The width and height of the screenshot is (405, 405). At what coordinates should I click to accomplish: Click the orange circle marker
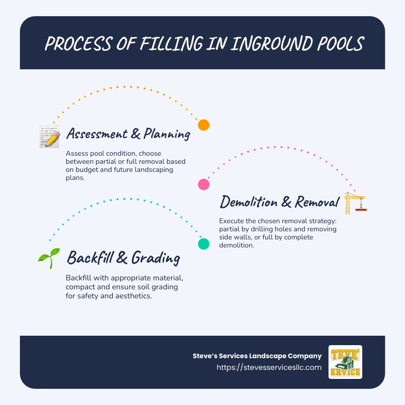click(204, 125)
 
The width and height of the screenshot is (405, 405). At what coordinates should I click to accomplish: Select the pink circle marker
click(204, 184)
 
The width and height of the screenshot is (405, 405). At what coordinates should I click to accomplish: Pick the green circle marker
click(204, 244)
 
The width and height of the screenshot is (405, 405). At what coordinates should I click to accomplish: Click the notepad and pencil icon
click(49, 136)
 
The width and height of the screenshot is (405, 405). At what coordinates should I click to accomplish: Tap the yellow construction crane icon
click(355, 202)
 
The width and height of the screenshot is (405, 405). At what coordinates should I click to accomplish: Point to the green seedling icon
click(49, 258)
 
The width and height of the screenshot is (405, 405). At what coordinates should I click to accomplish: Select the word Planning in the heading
click(166, 134)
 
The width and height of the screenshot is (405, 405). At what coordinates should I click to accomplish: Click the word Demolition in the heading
click(248, 202)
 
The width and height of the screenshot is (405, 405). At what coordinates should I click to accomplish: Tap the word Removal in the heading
click(316, 202)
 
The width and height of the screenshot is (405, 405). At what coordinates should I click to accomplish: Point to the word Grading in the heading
click(155, 258)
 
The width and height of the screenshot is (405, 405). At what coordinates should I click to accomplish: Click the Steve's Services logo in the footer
click(345, 362)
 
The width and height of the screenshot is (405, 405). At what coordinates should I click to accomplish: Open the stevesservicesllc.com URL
click(269, 367)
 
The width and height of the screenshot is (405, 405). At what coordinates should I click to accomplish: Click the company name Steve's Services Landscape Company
click(257, 356)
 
